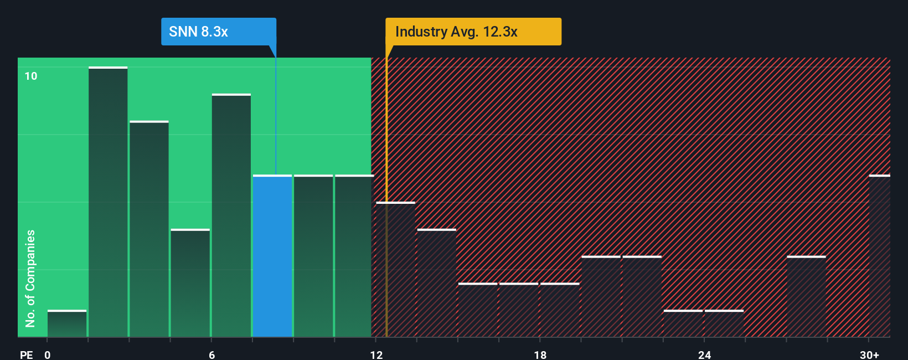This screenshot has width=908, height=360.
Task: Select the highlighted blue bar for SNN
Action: coord(272,256)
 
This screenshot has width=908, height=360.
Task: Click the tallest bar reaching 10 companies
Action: coord(108,202)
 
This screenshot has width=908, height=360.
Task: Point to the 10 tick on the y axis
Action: coord(31,76)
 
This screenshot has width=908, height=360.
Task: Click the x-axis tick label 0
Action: coord(48,354)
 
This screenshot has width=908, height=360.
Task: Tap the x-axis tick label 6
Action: coord(211,354)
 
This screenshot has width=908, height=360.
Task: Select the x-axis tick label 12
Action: coord(376,354)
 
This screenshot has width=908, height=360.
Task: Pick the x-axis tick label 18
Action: coord(540,354)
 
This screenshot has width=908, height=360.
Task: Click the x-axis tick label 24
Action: coord(704,354)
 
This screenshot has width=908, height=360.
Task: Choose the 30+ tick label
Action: coord(869,354)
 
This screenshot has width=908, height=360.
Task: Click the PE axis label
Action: coord(26,354)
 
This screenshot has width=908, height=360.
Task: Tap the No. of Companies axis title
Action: coord(30,279)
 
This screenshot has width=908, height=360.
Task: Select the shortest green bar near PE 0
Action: coord(67,324)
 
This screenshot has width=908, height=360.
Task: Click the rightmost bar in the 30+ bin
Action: coord(879,256)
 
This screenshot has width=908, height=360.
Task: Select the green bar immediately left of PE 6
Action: coord(190,283)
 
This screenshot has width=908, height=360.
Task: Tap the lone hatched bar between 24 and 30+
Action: coord(806,296)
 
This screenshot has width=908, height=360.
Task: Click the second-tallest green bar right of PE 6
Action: coord(231,216)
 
